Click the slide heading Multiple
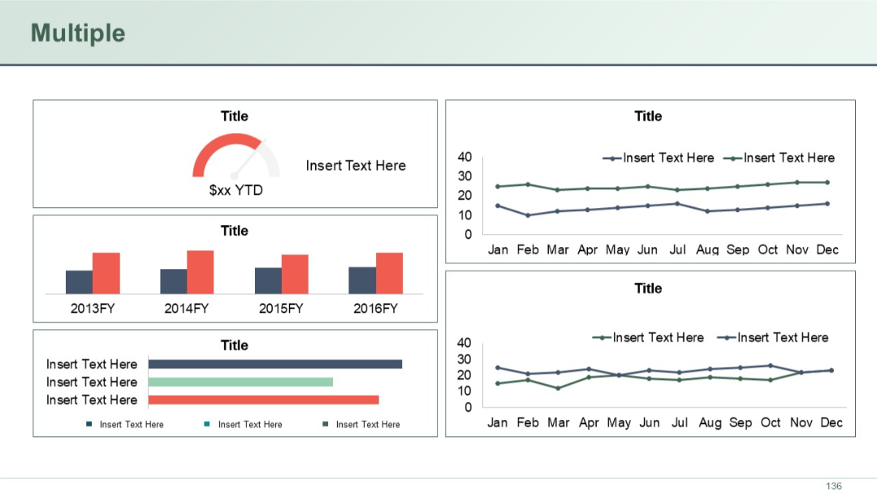(x=78, y=33)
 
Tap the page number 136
(x=833, y=486)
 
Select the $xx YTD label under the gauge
(x=235, y=190)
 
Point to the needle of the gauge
(x=247, y=160)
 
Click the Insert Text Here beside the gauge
(x=356, y=166)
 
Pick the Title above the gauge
(x=235, y=116)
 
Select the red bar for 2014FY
(x=200, y=271)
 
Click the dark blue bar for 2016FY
(x=362, y=279)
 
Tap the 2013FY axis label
(x=93, y=309)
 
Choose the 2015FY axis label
(x=281, y=309)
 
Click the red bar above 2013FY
(x=106, y=273)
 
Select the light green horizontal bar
(x=240, y=382)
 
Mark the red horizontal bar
(x=263, y=400)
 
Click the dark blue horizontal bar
(x=274, y=364)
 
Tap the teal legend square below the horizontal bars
(x=207, y=424)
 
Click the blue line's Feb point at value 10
(x=528, y=215)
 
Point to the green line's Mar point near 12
(x=558, y=388)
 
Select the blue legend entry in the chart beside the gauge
(x=659, y=158)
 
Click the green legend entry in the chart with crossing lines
(x=649, y=337)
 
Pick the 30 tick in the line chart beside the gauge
(x=464, y=176)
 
